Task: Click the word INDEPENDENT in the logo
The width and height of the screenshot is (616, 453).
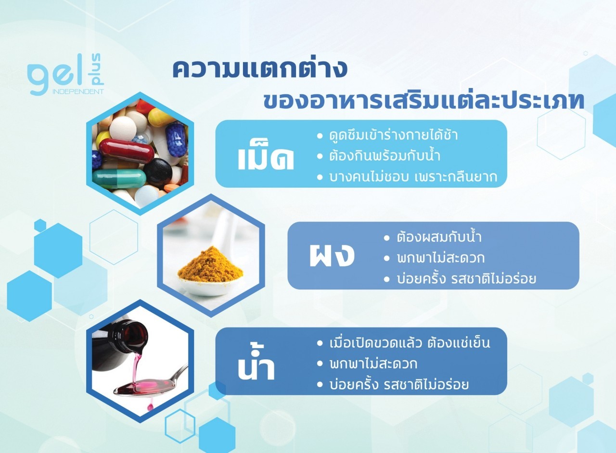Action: pos(78,91)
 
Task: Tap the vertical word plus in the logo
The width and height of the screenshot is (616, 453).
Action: pos(96,69)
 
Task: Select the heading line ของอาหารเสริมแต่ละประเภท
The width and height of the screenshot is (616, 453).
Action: pos(423,101)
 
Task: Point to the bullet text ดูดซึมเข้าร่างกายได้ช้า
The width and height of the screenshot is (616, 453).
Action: pos(394,135)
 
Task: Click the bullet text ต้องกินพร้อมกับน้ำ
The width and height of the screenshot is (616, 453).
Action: pos(385,156)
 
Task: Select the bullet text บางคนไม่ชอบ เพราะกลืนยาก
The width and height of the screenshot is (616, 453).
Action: pos(413,177)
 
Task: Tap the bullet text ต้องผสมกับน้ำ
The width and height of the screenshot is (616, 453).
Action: pos(439,237)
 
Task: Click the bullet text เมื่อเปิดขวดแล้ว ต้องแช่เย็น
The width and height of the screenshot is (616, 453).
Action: pos(410,342)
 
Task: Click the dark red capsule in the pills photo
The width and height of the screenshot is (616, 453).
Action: pos(126,151)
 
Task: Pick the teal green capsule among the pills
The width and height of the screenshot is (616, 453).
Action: pos(119,179)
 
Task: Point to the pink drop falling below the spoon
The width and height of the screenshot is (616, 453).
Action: pos(150,406)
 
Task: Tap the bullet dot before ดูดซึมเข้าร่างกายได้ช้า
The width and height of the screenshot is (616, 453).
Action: pos(319,136)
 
